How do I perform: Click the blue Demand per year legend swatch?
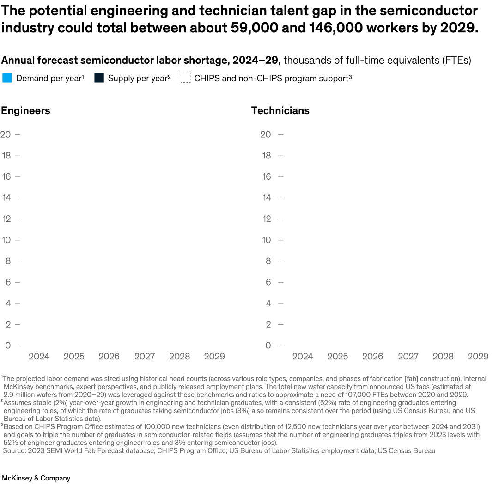(7, 78)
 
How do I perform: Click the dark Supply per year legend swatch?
(99, 78)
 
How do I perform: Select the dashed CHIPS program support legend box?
(185, 78)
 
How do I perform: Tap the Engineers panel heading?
(25, 111)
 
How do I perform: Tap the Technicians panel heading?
(280, 111)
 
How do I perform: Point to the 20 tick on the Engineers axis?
(6, 134)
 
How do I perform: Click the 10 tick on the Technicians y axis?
(267, 240)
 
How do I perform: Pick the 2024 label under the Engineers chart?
(39, 356)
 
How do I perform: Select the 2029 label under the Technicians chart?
(478, 356)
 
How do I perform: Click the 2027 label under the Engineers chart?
(144, 356)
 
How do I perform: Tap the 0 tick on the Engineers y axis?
(8, 345)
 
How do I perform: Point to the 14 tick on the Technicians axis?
(267, 198)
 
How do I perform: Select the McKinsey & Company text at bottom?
(36, 478)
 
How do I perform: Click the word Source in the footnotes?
(14, 450)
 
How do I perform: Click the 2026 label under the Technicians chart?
(372, 356)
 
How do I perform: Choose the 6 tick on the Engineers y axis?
(8, 282)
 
